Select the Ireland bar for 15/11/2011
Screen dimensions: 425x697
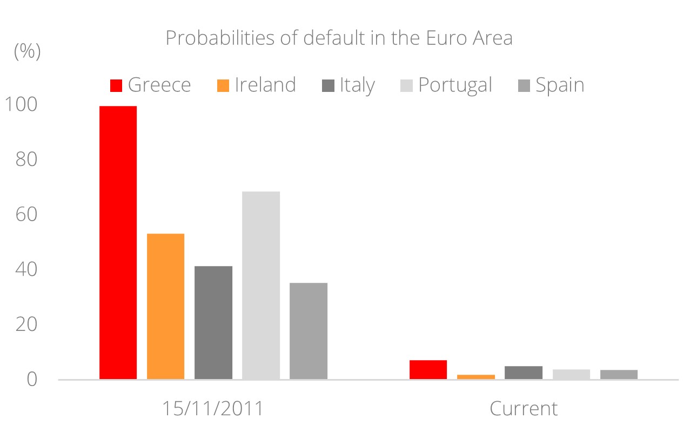click(x=165, y=306)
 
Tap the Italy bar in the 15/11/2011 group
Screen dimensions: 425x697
click(x=213, y=322)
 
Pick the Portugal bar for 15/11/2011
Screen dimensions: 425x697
click(x=261, y=285)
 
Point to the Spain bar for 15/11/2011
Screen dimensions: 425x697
click(x=309, y=330)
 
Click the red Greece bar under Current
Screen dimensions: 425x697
click(x=428, y=370)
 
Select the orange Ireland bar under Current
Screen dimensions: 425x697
click(x=476, y=376)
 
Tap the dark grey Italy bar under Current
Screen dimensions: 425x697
click(x=524, y=373)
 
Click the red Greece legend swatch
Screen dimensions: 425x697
click(x=116, y=85)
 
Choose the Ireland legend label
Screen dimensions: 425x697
click(x=265, y=85)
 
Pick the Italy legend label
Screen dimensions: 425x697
click(x=357, y=85)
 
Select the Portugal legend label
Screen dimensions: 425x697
click(x=455, y=85)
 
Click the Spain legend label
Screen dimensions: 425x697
click(x=560, y=85)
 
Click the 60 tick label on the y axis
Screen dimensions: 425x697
click(x=25, y=215)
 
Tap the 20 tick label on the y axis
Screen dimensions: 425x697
click(x=25, y=324)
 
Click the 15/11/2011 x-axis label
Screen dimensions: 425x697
click(x=213, y=408)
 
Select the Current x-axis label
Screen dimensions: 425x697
click(x=524, y=408)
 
